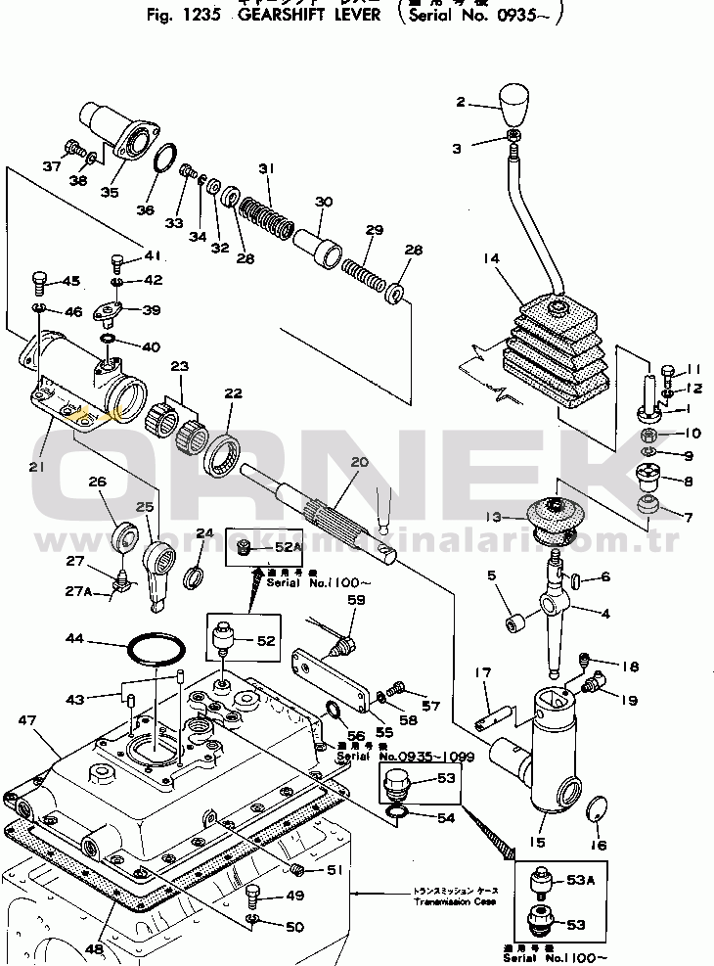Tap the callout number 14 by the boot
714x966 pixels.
[x=491, y=258]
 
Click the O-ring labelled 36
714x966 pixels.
[x=167, y=160]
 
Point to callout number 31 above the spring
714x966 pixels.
[x=265, y=169]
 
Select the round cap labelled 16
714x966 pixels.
[x=593, y=810]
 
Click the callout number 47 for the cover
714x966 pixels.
[x=26, y=720]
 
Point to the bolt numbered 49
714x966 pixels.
[x=254, y=894]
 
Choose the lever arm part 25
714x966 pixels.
[x=159, y=570]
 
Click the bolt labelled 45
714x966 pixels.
[x=39, y=282]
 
